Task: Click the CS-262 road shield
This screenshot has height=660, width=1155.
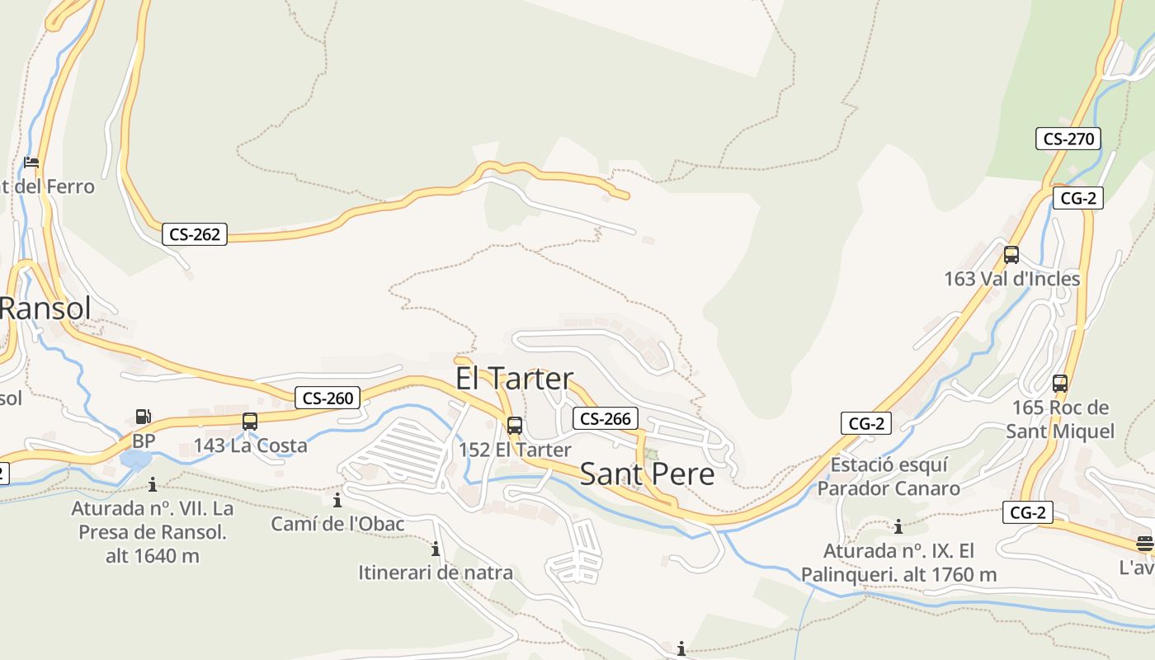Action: [x=195, y=234]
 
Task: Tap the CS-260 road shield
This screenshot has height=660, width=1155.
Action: [x=328, y=398]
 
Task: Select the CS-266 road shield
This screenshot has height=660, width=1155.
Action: [x=606, y=419]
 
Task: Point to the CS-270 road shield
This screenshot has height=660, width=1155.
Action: [x=1068, y=139]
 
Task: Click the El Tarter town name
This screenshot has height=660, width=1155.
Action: [x=514, y=379]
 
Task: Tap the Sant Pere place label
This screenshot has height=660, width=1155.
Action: [x=647, y=474]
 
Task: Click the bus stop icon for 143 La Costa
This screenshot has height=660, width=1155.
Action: [x=250, y=422]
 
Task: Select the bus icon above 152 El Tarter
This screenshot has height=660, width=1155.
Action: [x=515, y=426]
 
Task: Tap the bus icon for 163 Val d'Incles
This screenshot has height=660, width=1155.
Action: [x=1011, y=255]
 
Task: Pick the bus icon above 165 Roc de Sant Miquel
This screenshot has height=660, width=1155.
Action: [x=1060, y=384]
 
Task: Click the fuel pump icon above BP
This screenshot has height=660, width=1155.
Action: [x=144, y=417]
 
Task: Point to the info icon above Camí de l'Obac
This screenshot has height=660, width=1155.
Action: [x=337, y=500]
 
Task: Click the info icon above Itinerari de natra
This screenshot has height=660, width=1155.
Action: [x=436, y=549]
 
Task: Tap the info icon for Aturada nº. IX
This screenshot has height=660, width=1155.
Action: [x=898, y=526]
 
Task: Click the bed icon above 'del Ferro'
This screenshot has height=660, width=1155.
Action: [x=31, y=162]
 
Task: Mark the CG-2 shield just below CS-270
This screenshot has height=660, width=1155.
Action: [x=1078, y=198]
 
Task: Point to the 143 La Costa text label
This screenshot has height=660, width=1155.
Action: [x=250, y=445]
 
